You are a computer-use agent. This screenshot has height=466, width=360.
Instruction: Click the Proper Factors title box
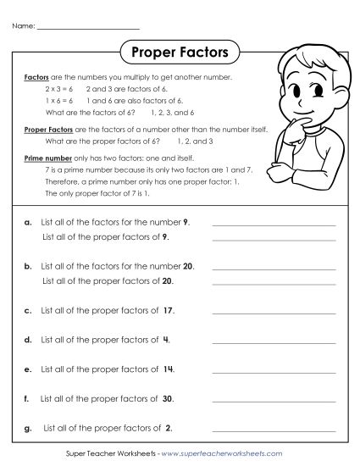(x=180, y=53)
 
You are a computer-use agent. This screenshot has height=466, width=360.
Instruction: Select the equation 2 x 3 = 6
(x=60, y=88)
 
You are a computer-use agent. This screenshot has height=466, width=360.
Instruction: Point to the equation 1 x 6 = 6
(x=60, y=100)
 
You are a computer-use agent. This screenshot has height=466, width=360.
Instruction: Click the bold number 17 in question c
(x=169, y=311)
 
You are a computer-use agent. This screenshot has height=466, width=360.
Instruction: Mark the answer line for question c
(x=273, y=313)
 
